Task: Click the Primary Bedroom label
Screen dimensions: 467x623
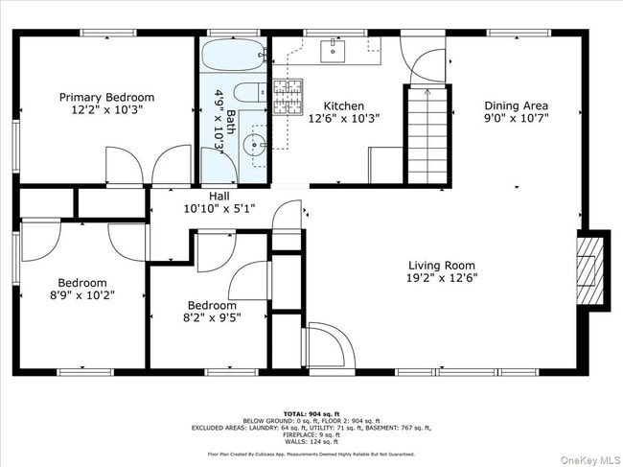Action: coord(106,98)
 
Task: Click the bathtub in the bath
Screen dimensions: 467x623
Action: coord(234,54)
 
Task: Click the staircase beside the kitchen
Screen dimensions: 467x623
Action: coord(427,134)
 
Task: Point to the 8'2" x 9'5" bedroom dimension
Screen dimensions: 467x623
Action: coord(212,317)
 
